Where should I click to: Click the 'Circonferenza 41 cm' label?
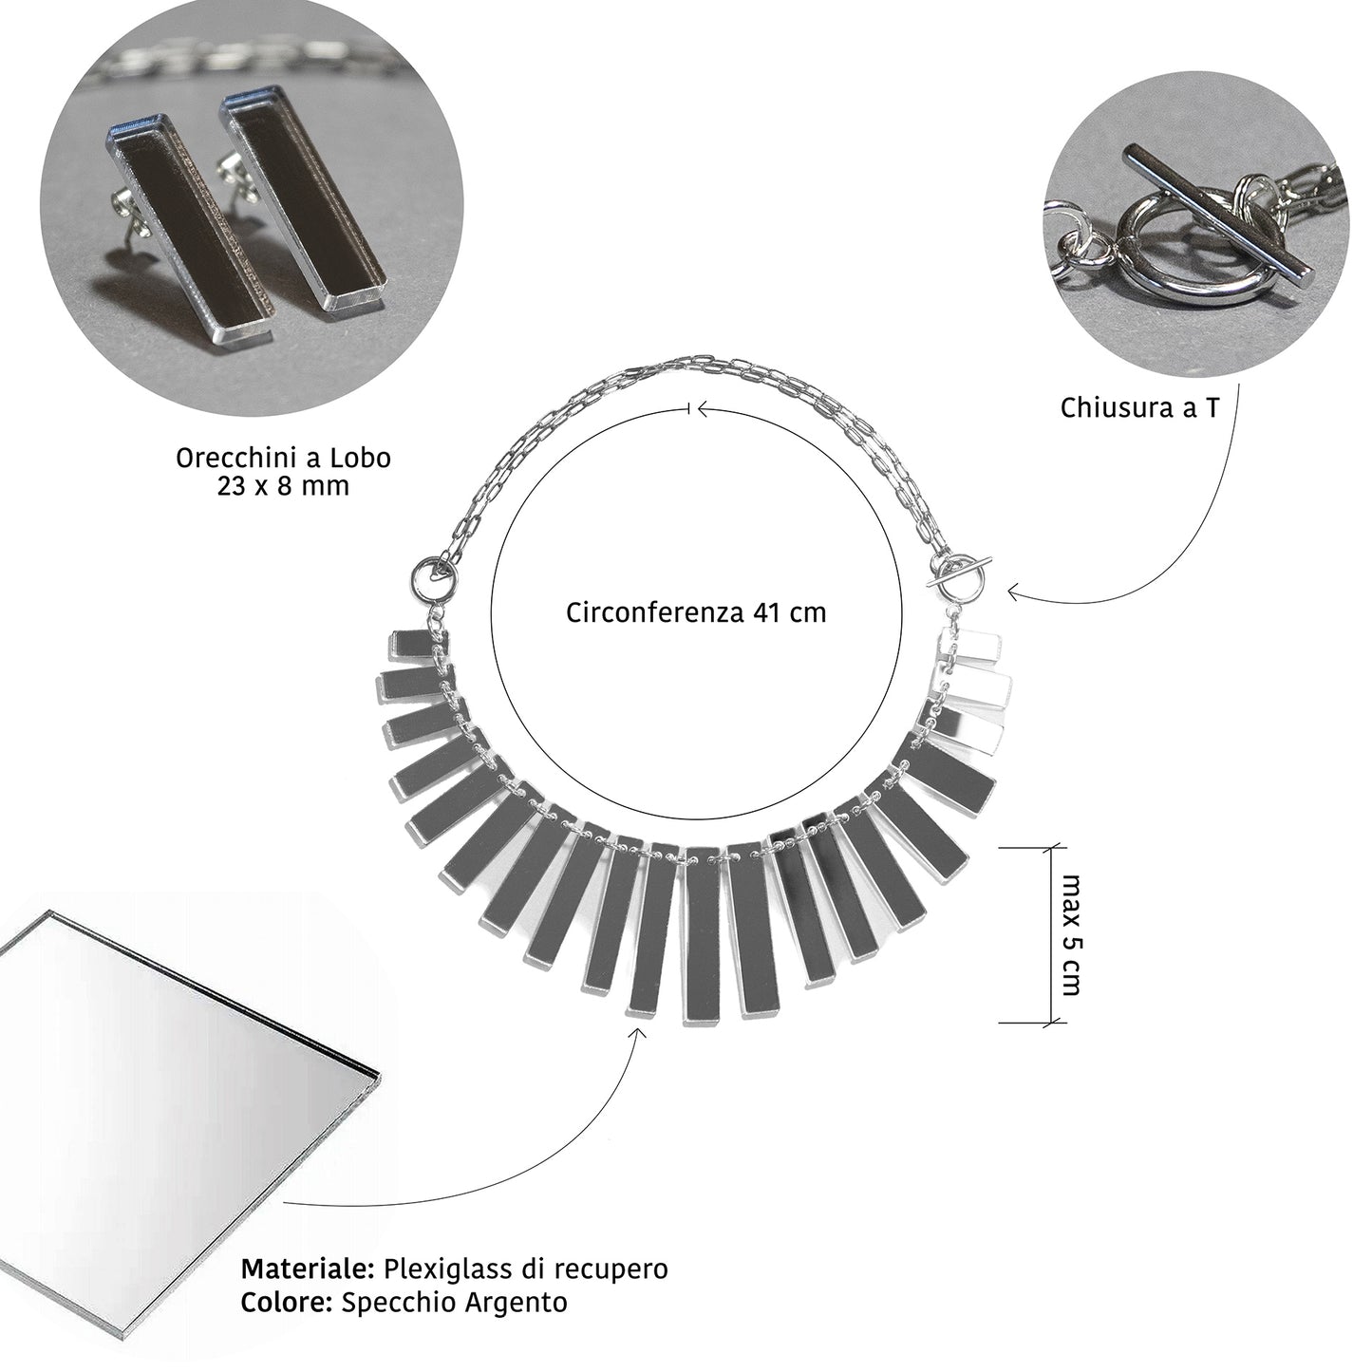[696, 613]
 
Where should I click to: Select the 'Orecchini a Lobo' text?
[283, 458]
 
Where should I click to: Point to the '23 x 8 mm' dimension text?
[283, 486]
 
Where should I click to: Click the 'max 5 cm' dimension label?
[1071, 934]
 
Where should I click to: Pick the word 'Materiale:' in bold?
[309, 1269]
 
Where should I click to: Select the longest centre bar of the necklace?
[703, 935]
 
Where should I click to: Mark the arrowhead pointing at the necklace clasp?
[1012, 593]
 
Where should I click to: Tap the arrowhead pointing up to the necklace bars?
[637, 1032]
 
